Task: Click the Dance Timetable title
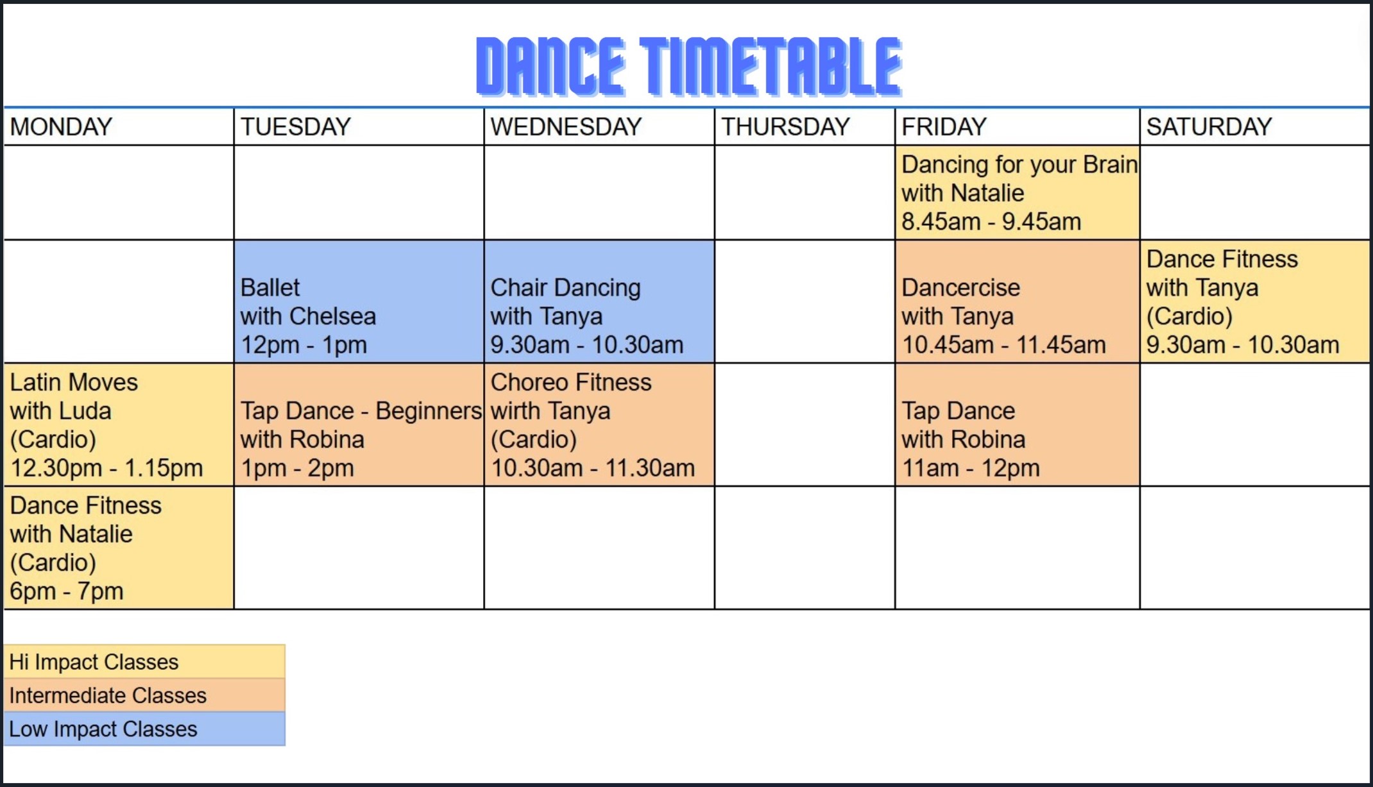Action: (x=689, y=66)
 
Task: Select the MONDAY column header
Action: (x=62, y=127)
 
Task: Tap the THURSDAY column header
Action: (x=786, y=127)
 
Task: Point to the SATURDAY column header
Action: (x=1209, y=127)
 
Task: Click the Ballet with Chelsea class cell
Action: (x=359, y=302)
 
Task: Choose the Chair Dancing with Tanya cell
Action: (x=599, y=302)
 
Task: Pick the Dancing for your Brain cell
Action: (x=1018, y=193)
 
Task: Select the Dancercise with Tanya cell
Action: (x=1018, y=302)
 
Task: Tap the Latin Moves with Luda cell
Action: (x=119, y=425)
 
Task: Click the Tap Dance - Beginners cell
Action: (x=359, y=425)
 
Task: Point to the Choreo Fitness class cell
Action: (x=599, y=425)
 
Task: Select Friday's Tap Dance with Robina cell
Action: (x=1018, y=425)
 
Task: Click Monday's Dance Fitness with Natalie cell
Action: (x=119, y=548)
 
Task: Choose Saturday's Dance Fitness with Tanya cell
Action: (x=1255, y=302)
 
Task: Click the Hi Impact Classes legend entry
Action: (x=144, y=662)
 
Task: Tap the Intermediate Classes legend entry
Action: (x=144, y=695)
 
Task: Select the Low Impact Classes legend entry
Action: (x=144, y=729)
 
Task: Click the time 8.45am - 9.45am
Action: (x=991, y=222)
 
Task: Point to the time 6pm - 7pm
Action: (x=67, y=591)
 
